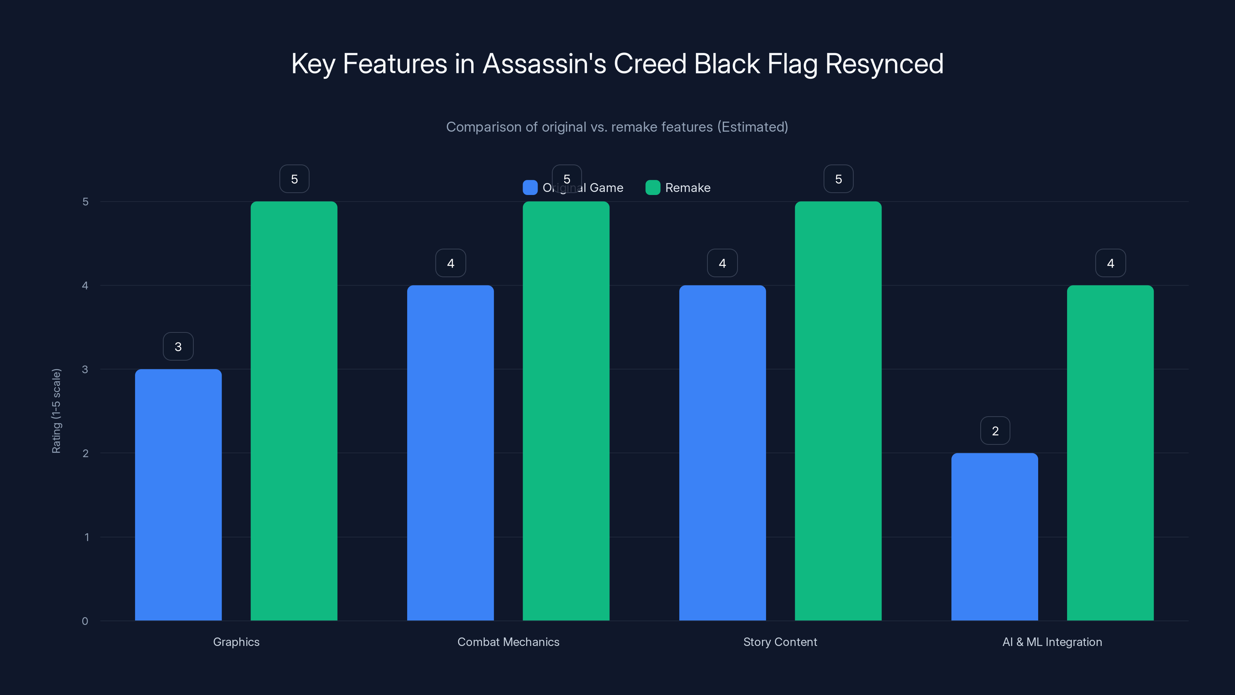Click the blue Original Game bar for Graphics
coord(178,495)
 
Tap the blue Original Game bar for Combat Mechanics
coord(450,453)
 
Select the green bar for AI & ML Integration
coord(1110,453)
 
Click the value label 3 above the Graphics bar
coord(178,347)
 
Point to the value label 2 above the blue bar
coord(995,431)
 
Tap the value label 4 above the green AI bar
coord(1110,263)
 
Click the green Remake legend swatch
coord(653,188)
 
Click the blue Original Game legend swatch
coord(530,188)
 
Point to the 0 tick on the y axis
coord(85,621)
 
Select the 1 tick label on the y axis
coord(86,537)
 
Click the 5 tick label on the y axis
coord(85,202)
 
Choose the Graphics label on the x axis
coord(236,642)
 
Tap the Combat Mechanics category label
coord(508,642)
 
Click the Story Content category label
coord(780,642)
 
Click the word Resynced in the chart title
coord(884,64)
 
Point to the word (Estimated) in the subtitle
coord(753,127)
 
